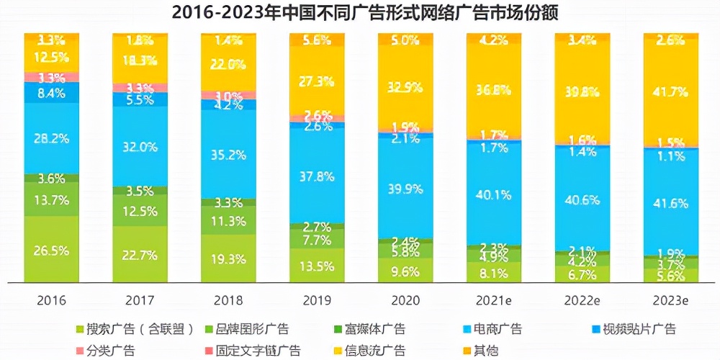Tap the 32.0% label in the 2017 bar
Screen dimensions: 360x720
tap(140, 147)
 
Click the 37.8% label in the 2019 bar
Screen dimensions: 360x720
tap(318, 176)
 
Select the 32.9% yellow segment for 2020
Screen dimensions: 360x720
tap(405, 88)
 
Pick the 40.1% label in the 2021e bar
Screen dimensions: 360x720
tap(494, 194)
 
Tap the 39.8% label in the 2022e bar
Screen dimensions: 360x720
tap(582, 90)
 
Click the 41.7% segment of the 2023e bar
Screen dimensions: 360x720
tap(670, 92)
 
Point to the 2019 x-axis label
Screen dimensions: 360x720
tap(318, 300)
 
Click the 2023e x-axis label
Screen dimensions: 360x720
tap(670, 300)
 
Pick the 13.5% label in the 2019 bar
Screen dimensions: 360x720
tap(318, 266)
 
